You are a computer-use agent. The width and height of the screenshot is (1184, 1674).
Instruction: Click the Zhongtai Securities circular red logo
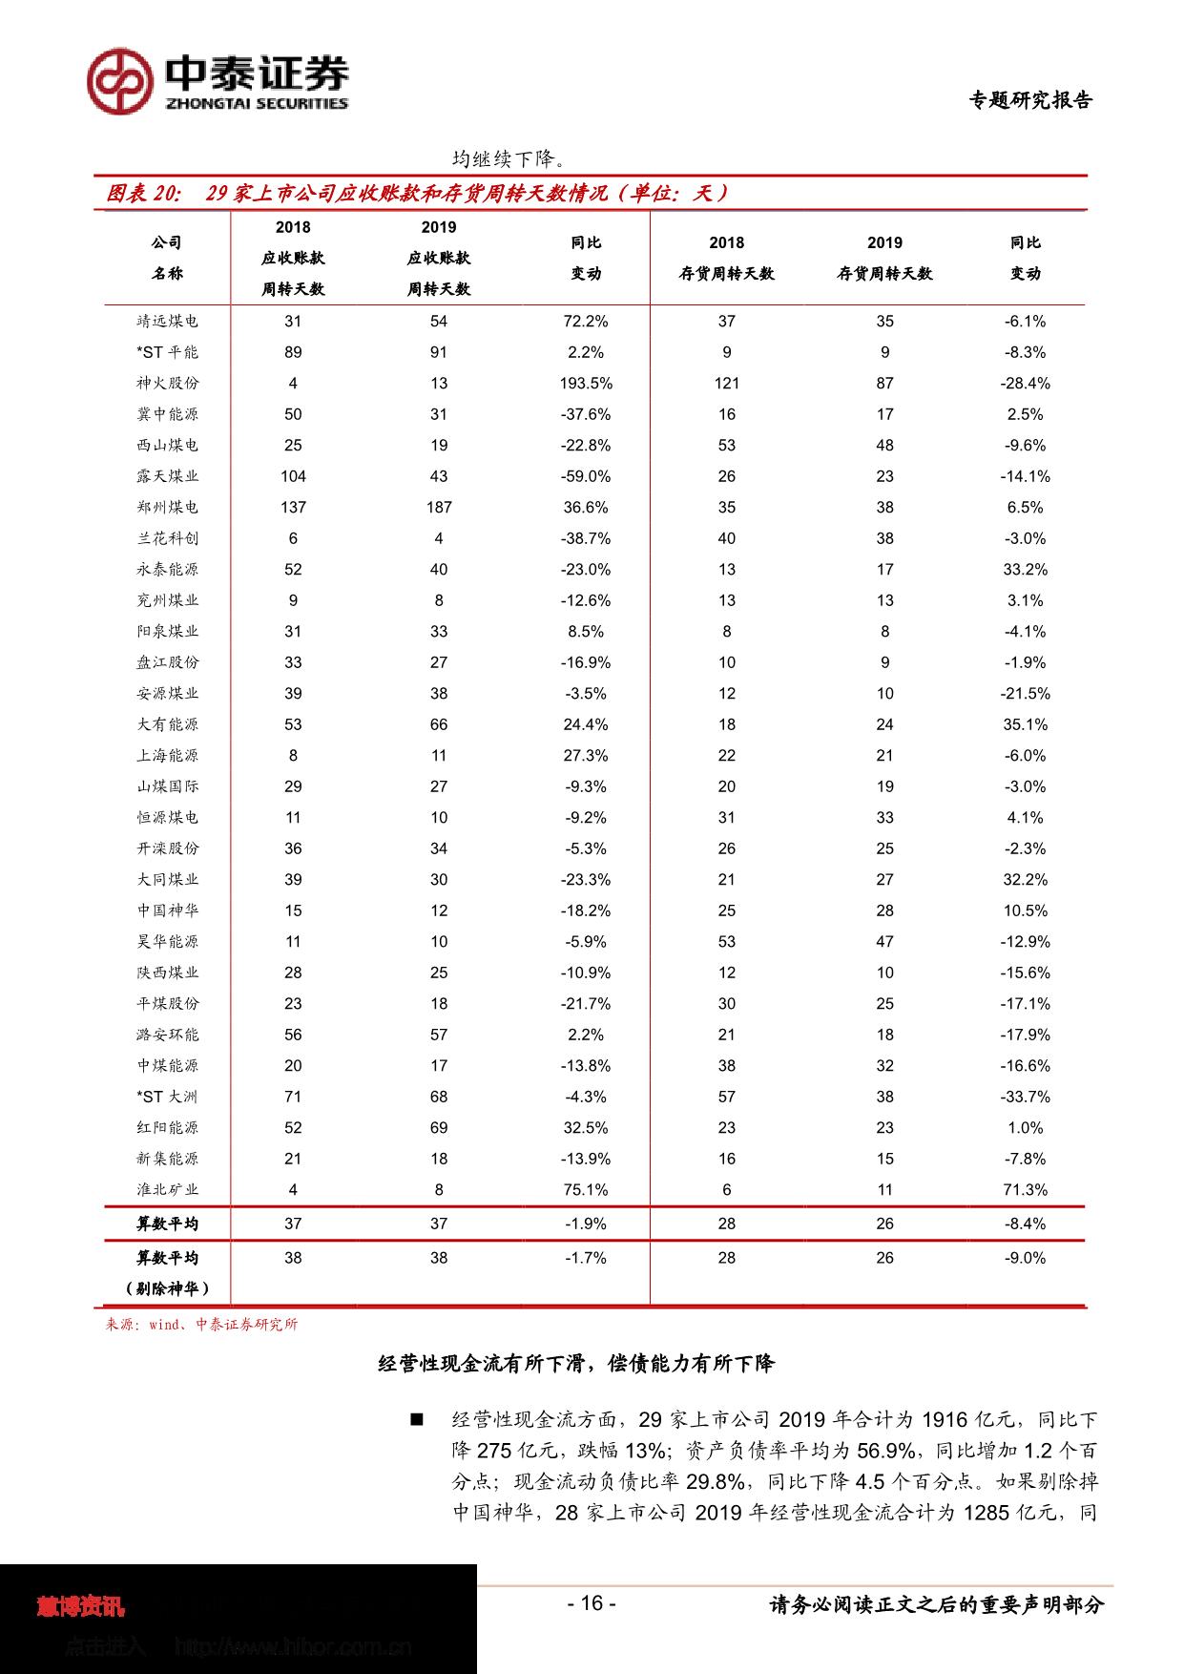pos(120,82)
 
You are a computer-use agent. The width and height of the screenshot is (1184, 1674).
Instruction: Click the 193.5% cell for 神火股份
pos(586,384)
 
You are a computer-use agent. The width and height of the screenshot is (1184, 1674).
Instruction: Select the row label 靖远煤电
pos(167,322)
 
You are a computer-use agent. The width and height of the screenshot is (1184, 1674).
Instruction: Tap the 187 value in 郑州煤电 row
pos(439,508)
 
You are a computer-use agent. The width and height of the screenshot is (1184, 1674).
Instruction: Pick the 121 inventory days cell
pos(727,384)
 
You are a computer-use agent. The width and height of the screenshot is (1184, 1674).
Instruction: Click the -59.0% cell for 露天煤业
pos(586,476)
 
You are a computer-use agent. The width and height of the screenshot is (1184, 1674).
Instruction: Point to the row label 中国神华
pos(167,910)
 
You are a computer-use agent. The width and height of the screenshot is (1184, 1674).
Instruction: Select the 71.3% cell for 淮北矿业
pos(1026,1190)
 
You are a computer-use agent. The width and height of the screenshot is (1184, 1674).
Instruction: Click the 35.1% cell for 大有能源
pos(1026,724)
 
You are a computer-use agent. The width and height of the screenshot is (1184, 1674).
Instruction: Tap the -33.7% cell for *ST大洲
pos(1026,1097)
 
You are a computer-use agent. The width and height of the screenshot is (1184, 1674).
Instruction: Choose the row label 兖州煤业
pos(167,600)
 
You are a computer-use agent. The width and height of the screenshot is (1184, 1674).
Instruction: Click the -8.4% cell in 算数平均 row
pos(1026,1224)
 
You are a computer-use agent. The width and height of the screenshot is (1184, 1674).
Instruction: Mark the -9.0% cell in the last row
pos(1026,1258)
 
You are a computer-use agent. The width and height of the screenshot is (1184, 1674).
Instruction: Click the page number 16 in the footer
pos(592,1603)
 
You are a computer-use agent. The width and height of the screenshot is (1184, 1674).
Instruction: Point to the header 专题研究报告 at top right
pos(1030,100)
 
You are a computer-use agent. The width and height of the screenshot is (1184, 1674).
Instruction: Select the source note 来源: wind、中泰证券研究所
pos(201,1325)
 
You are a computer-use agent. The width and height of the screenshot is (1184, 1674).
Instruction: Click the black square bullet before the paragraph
pos(416,1420)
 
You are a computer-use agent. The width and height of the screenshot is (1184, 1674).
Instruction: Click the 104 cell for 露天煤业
pos(293,476)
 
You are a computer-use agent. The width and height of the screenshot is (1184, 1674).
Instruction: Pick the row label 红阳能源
pos(167,1128)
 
